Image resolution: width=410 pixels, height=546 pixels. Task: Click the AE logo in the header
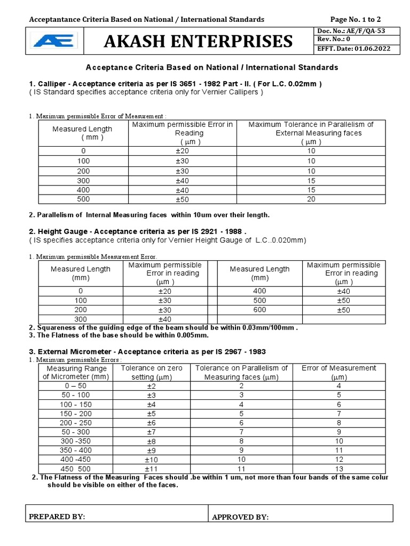[54, 41]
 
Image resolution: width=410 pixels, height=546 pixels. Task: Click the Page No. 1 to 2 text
[356, 19]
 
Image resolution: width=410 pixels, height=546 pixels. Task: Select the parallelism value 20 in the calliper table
[311, 199]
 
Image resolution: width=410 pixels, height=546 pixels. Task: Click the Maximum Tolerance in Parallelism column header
[311, 133]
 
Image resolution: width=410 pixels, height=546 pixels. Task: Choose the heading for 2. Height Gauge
[137, 232]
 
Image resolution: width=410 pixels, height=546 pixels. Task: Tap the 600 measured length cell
[259, 310]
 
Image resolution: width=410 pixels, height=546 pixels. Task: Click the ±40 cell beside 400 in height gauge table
[343, 291]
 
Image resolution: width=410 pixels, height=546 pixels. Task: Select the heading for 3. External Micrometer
[147, 352]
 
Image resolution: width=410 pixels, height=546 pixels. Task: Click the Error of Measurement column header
[338, 372]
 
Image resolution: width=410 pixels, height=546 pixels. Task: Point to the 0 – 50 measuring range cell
[75, 386]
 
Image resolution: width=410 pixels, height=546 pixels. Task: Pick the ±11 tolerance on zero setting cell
[152, 468]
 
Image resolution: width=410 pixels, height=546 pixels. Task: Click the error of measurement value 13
[338, 468]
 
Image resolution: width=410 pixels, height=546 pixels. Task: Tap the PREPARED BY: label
[57, 517]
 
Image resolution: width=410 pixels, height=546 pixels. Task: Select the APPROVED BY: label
[240, 517]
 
